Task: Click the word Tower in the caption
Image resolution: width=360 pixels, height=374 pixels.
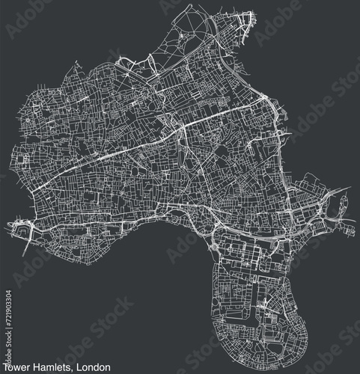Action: tap(17, 367)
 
